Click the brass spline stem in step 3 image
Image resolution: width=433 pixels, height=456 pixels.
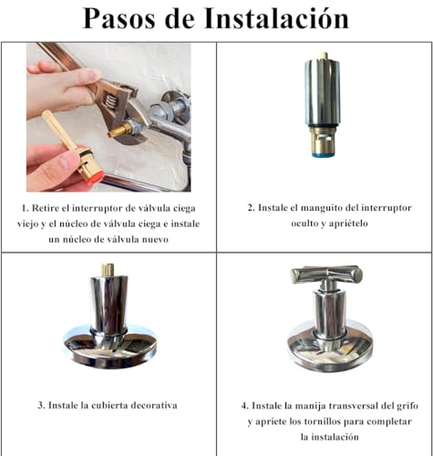(x=108, y=271)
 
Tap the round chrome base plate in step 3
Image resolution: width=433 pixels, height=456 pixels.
(x=109, y=347)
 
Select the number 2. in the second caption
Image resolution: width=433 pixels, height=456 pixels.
(x=252, y=208)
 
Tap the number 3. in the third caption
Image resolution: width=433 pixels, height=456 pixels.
(x=41, y=404)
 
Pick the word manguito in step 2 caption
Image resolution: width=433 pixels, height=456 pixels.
(x=329, y=208)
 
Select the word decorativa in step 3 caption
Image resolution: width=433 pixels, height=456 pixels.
(x=149, y=404)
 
